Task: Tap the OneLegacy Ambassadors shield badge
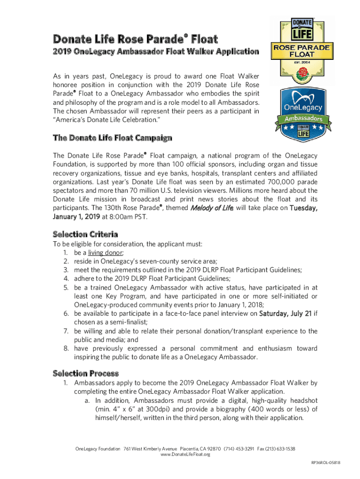(x=304, y=115)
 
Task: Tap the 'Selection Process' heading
(x=86, y=373)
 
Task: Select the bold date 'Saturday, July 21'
(x=285, y=313)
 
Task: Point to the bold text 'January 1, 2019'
(x=76, y=217)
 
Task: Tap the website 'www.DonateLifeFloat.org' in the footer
(x=185, y=454)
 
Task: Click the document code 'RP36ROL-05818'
(x=325, y=463)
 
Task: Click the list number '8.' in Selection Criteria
(x=66, y=348)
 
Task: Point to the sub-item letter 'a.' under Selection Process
(x=87, y=401)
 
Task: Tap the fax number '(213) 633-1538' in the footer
(x=280, y=449)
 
